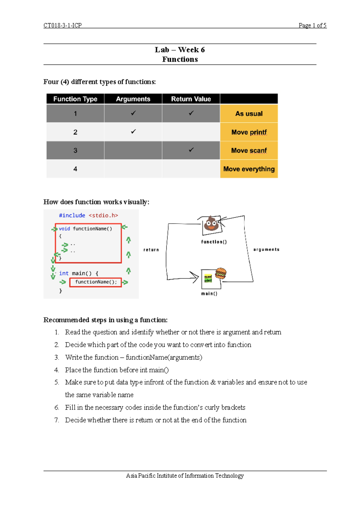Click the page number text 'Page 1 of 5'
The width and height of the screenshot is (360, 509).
pyautogui.click(x=312, y=26)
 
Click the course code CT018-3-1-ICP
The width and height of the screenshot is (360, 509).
pyautogui.click(x=62, y=26)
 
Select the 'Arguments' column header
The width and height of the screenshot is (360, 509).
pyautogui.click(x=133, y=99)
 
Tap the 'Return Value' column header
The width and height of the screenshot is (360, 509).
pyautogui.click(x=191, y=99)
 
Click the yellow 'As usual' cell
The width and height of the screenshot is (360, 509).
pyautogui.click(x=249, y=114)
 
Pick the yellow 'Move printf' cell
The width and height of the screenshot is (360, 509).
pyautogui.click(x=249, y=132)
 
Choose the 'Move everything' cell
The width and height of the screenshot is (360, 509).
pyautogui.click(x=249, y=169)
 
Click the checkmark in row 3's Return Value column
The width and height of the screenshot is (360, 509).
pyautogui.click(x=191, y=150)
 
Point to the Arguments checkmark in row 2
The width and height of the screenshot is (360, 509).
pyautogui.click(x=133, y=131)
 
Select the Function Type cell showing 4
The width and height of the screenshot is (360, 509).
pyautogui.click(x=75, y=169)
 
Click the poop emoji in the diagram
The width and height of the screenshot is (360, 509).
pyautogui.click(x=211, y=224)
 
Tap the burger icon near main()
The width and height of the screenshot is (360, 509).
pyautogui.click(x=221, y=273)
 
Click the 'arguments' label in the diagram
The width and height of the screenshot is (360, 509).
pyautogui.click(x=266, y=249)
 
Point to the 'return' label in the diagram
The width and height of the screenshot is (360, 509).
pyautogui.click(x=151, y=250)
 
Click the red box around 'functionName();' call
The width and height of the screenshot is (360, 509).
pyautogui.click(x=95, y=282)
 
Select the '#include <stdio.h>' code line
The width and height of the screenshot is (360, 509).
pyautogui.click(x=88, y=215)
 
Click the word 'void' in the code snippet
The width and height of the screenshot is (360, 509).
pyautogui.click(x=64, y=229)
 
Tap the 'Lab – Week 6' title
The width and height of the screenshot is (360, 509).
pyautogui.click(x=180, y=50)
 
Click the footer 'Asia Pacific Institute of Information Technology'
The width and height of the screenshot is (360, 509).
pyautogui.click(x=185, y=476)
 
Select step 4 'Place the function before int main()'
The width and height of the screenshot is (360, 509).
pyautogui.click(x=117, y=370)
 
